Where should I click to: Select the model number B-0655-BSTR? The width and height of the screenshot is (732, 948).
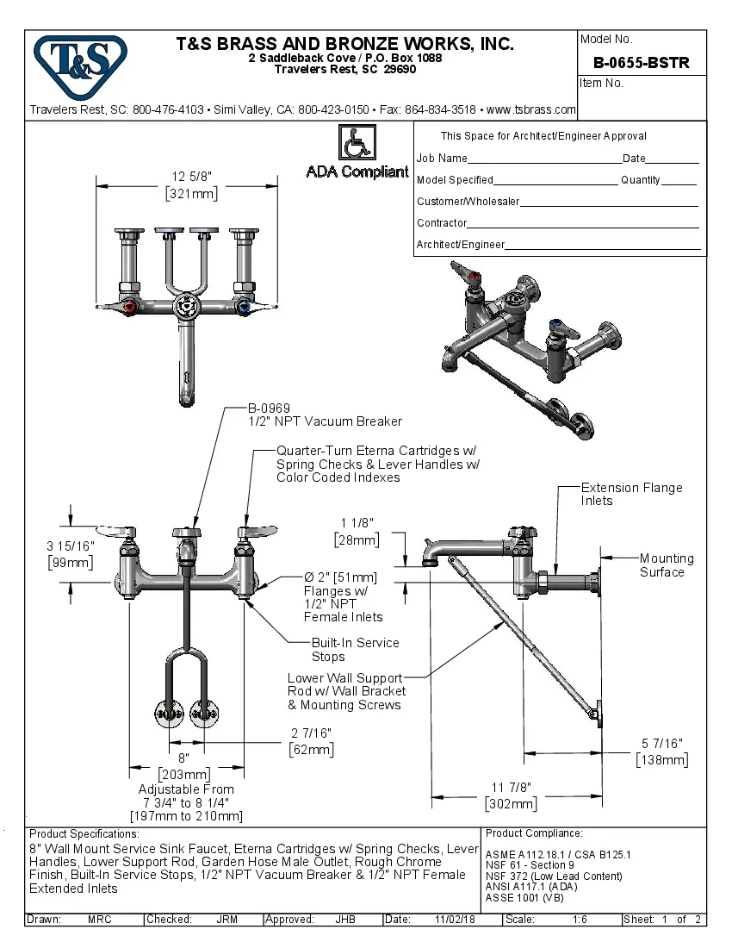tap(642, 63)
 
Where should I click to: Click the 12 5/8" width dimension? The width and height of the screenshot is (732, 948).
tap(191, 176)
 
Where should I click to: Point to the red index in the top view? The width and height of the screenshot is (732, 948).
tap(129, 307)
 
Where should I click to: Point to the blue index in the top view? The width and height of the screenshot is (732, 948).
tap(245, 307)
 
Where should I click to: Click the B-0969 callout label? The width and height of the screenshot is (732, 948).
tap(269, 409)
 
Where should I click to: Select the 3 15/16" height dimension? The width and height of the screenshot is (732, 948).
tap(70, 546)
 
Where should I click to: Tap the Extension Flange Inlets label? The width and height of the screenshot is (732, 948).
tap(631, 494)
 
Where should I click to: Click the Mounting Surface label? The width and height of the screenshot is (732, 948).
tap(666, 565)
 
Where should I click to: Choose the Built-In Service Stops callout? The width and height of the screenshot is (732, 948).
tap(356, 649)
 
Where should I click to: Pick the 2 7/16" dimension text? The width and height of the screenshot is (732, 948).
tap(311, 733)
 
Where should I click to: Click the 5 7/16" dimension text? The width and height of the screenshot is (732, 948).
tap(661, 743)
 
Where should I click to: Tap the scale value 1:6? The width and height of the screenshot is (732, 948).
tap(580, 920)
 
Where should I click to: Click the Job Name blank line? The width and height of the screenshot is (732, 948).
tap(544, 159)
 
